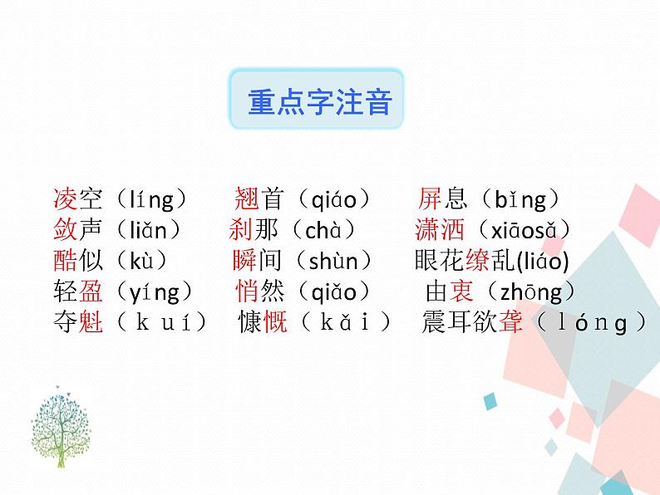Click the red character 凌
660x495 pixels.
(64, 199)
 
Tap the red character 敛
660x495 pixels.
(64, 230)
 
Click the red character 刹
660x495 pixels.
(241, 230)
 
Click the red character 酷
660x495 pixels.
(64, 261)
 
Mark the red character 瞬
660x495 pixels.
(244, 261)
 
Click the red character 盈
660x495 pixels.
(91, 292)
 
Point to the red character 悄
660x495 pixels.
(248, 292)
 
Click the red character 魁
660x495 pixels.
(91, 322)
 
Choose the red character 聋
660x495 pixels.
(511, 322)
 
